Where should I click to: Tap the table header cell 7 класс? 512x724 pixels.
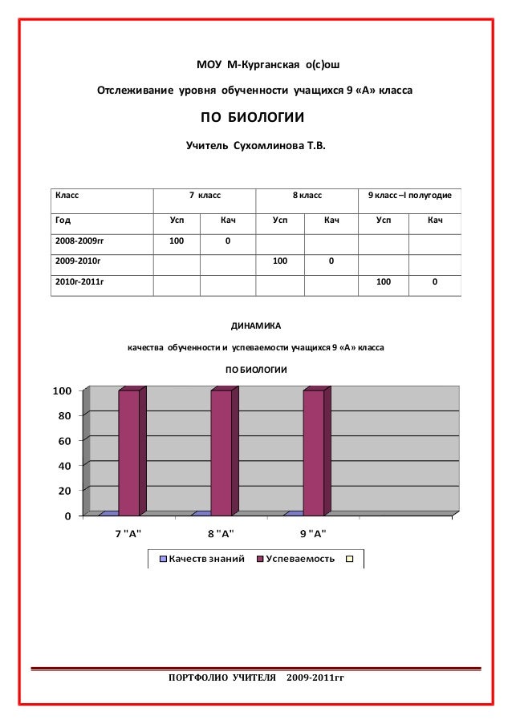pos(205,195)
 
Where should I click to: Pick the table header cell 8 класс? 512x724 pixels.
pos(307,195)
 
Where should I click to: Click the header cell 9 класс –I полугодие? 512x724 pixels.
pos(409,195)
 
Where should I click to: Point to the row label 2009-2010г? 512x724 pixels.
pos(72,261)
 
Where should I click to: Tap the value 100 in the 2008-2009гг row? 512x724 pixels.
pos(177,241)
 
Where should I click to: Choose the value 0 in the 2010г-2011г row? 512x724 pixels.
pos(434,282)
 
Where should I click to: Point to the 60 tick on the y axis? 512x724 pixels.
pos(63,440)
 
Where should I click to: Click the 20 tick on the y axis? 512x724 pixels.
pos(63,490)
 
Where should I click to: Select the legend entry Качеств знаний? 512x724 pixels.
pos(206,558)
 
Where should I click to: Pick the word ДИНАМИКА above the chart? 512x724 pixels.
pos(256,326)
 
